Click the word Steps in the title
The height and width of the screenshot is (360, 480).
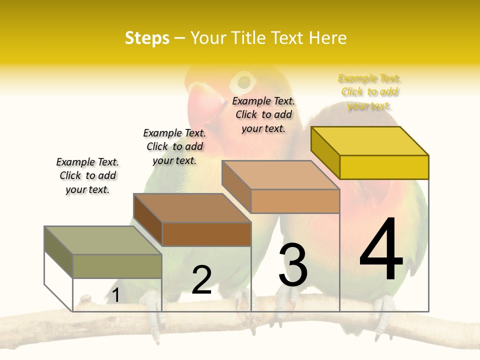click(x=147, y=38)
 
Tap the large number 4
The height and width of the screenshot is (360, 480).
click(x=381, y=249)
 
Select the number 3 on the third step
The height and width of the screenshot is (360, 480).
click(x=293, y=265)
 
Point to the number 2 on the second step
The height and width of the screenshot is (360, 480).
click(x=201, y=280)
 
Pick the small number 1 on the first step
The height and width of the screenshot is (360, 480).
click(x=116, y=295)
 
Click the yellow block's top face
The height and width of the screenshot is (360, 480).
click(x=369, y=141)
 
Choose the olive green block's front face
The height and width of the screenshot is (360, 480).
click(x=117, y=266)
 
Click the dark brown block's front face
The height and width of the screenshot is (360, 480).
click(x=206, y=234)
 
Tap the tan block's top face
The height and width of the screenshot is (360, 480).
click(x=280, y=175)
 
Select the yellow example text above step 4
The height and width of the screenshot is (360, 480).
click(x=369, y=92)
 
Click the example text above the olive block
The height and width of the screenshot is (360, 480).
click(x=87, y=175)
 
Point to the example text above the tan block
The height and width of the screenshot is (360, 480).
click(x=263, y=114)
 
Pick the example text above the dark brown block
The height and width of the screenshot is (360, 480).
click(x=174, y=146)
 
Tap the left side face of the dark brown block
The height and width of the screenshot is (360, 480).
click(x=148, y=219)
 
